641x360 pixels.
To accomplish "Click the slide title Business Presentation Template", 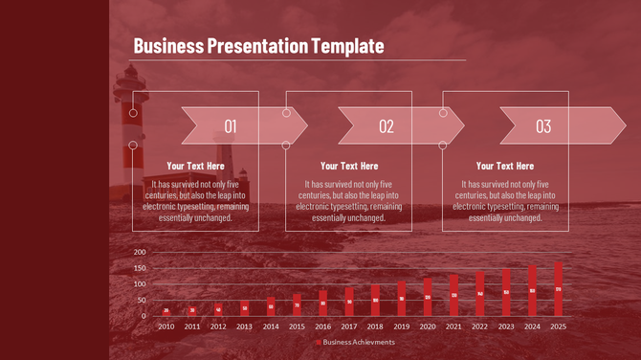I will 258,45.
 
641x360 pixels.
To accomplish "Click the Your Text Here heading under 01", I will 195,166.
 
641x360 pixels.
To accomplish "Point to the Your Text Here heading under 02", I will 349,166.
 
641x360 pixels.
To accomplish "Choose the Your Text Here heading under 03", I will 505,166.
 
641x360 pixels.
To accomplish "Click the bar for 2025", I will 559,289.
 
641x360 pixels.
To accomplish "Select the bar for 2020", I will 428,298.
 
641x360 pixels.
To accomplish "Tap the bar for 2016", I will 323,304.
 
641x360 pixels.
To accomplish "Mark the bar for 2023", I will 506,292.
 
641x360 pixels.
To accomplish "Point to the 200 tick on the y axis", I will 140,252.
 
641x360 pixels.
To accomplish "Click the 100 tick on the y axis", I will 140,284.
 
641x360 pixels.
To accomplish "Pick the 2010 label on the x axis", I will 166,326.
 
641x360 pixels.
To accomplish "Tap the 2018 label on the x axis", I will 375,326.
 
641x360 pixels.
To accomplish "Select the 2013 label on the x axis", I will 245,326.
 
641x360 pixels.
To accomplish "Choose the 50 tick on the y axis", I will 142,300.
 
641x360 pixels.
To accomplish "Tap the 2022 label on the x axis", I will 480,326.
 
